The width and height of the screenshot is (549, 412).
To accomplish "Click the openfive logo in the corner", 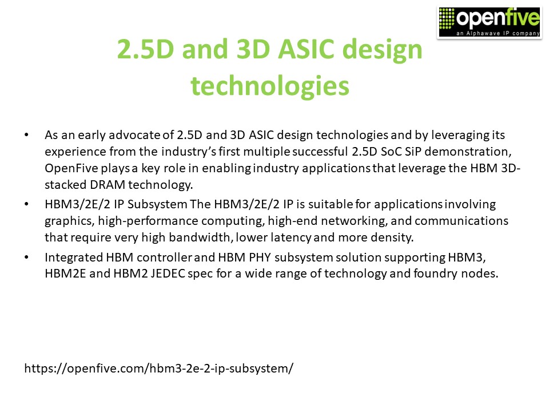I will coord(489,22).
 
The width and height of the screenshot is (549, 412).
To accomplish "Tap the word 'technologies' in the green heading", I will coord(269,86).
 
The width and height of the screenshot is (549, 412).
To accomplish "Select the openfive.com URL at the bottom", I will coord(158,368).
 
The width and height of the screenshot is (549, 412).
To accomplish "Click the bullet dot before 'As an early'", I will coord(27,136).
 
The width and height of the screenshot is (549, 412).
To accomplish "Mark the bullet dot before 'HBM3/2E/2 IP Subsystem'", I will coord(27,204).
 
